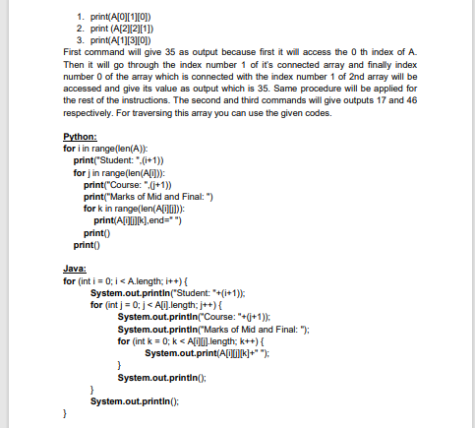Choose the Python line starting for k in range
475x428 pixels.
(148, 210)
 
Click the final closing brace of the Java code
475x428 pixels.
(65, 414)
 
